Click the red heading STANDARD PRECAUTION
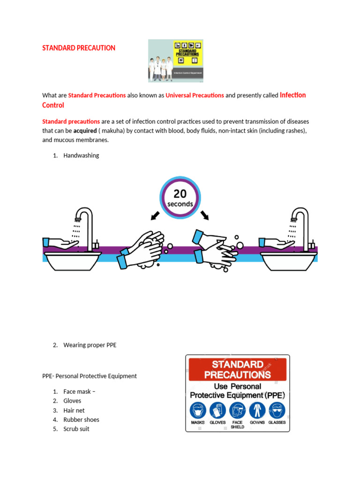pos(79,48)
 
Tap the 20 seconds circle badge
pos(180,197)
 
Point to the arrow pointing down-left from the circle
pos(155,216)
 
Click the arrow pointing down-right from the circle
pos(205,216)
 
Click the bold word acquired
pos(85,131)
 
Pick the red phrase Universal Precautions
pos(195,95)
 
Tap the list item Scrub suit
pos(76,429)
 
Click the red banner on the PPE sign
pos(237,369)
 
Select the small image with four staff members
pos(175,60)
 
